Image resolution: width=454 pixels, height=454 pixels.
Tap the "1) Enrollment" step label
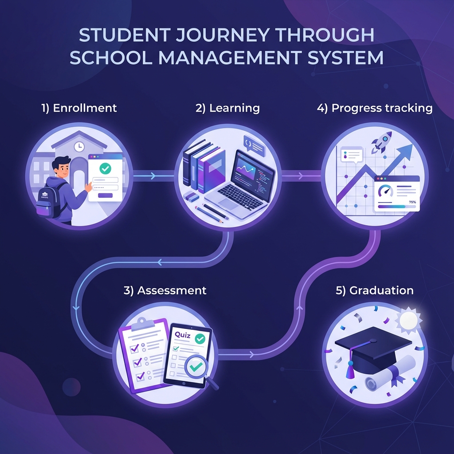[79, 108]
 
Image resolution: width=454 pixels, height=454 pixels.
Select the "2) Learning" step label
[227, 108]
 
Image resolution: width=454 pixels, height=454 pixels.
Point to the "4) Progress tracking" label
[375, 108]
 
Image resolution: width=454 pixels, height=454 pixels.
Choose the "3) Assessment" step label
[165, 290]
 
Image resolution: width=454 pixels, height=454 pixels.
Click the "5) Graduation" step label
[375, 290]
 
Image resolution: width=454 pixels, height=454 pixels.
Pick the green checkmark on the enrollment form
[105, 168]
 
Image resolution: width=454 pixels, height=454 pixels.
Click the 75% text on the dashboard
[412, 202]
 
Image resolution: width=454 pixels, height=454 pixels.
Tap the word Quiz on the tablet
[183, 336]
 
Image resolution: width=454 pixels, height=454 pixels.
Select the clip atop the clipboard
[142, 322]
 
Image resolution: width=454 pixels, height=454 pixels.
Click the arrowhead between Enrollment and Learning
[153, 176]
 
